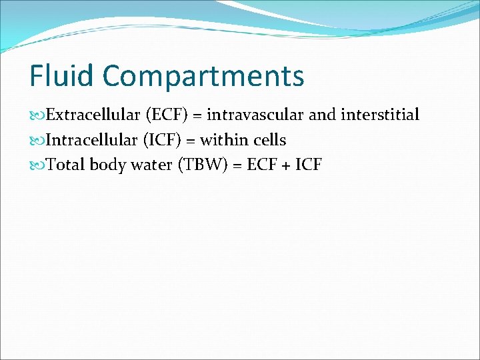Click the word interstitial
pyautogui.click(x=380, y=115)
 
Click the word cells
pyautogui.click(x=269, y=140)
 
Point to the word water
pyautogui.click(x=151, y=165)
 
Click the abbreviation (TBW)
pyautogui.click(x=201, y=165)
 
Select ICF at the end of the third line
pyautogui.click(x=307, y=165)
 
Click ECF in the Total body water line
pyautogui.click(x=261, y=165)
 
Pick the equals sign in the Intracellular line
pyautogui.click(x=190, y=141)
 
